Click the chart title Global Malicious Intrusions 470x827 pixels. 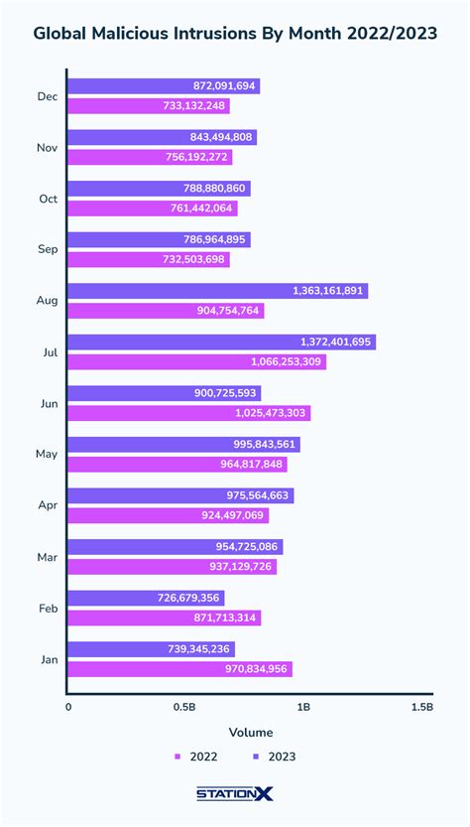(x=235, y=34)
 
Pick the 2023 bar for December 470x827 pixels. (x=164, y=86)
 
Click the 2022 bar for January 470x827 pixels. (x=180, y=669)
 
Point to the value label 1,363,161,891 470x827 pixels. (x=329, y=291)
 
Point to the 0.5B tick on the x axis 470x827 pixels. (x=183, y=708)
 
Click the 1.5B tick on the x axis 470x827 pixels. (x=421, y=708)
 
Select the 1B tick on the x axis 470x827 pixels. (x=303, y=708)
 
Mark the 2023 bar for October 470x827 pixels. (x=159, y=189)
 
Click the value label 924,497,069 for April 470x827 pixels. (x=228, y=515)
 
